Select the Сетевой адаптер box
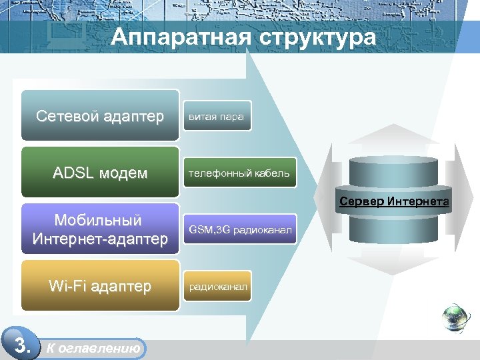(x=100, y=116)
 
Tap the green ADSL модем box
(x=100, y=173)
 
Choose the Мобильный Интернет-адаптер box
(x=100, y=229)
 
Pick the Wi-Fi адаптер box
(x=100, y=287)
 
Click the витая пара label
(x=216, y=117)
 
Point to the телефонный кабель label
(x=239, y=173)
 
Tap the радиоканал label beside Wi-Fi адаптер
(x=218, y=287)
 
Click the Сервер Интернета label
(x=393, y=201)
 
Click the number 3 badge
(x=22, y=345)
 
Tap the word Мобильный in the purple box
(x=98, y=221)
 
